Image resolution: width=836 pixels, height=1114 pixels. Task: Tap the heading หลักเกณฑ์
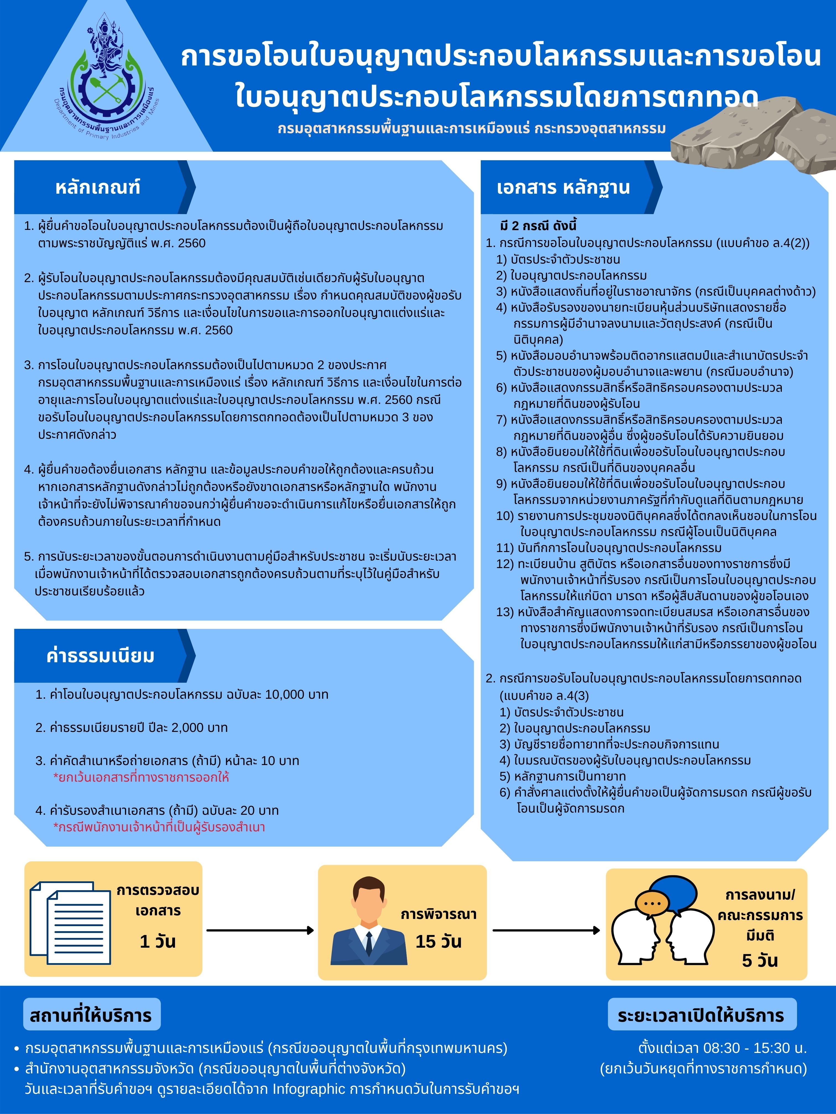[98, 187]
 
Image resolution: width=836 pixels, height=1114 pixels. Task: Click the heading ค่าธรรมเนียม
[100, 656]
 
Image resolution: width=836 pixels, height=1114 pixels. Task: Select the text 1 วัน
[158, 941]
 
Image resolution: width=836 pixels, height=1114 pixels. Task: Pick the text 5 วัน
[760, 960]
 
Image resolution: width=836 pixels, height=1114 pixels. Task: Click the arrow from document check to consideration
[260, 930]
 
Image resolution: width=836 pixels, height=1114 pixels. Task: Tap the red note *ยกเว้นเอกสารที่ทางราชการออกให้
[141, 777]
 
